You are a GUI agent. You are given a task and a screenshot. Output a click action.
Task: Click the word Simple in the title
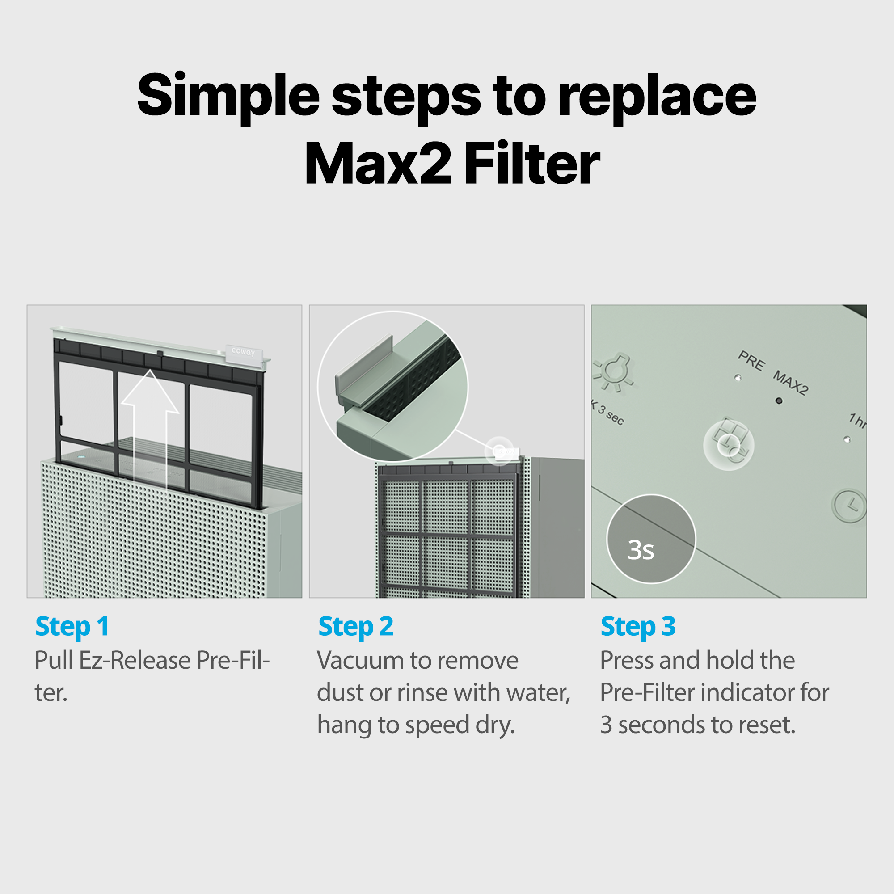[228, 96]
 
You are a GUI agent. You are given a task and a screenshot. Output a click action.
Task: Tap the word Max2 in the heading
[377, 164]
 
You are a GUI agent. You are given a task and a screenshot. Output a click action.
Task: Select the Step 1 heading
[72, 627]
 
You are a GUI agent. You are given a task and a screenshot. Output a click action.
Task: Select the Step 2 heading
[355, 627]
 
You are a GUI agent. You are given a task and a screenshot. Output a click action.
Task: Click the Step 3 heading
[638, 627]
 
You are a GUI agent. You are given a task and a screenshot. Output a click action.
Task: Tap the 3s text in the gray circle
[641, 550]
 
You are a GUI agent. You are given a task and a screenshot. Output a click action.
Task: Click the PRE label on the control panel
[751, 360]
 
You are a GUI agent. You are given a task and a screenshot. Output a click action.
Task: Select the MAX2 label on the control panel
[790, 383]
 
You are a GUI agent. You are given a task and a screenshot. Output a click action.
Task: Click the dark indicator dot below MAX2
[779, 401]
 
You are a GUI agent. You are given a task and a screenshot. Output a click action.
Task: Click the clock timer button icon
[850, 505]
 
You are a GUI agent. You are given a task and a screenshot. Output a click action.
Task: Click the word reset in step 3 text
[766, 725]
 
